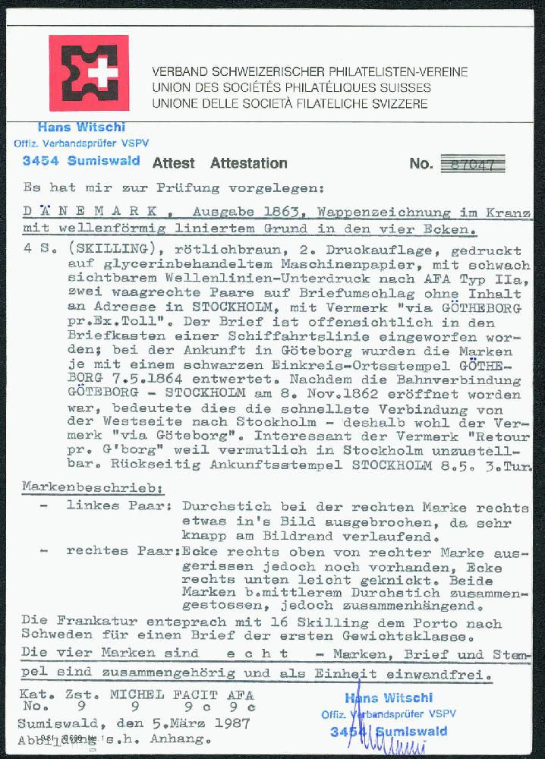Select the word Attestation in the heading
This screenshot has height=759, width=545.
coord(248,163)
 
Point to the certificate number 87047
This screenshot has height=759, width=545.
coord(472,164)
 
